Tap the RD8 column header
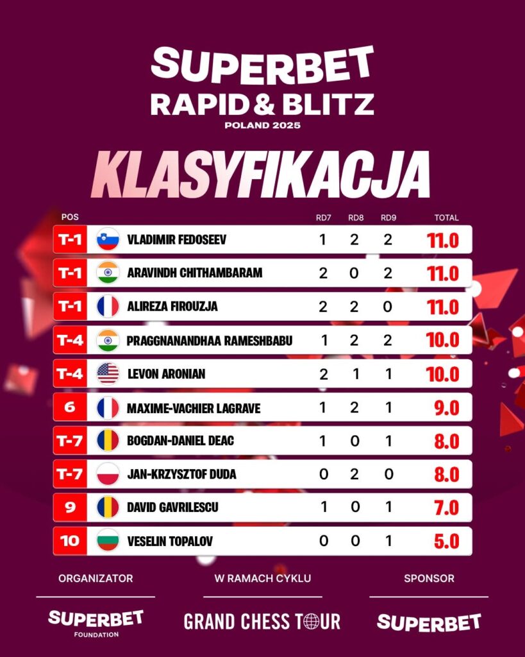(356, 218)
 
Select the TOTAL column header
(446, 218)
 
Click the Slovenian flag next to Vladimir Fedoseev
(108, 239)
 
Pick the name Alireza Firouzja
(172, 307)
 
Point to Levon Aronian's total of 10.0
(443, 374)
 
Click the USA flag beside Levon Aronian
(108, 373)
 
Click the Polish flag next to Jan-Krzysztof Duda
(108, 474)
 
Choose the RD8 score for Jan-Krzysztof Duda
(355, 474)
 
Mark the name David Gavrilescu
(173, 508)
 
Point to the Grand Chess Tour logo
(262, 621)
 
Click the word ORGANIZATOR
(96, 578)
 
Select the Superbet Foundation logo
(96, 622)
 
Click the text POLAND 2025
(262, 125)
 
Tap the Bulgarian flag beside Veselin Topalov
(108, 541)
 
